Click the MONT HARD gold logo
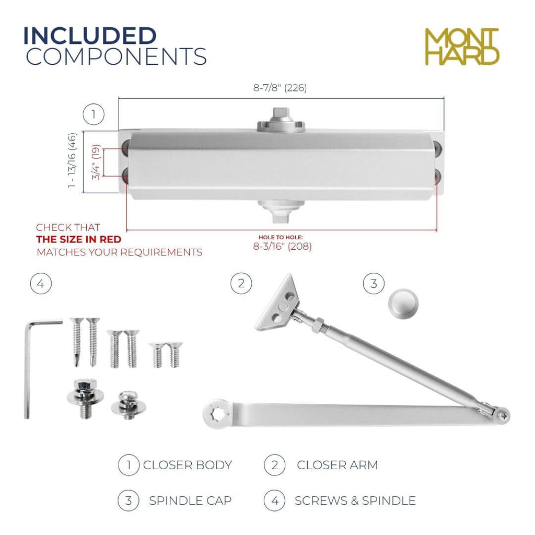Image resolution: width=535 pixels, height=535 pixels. [462, 46]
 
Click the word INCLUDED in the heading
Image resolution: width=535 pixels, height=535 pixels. [90, 36]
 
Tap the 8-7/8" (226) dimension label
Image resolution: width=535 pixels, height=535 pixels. [280, 88]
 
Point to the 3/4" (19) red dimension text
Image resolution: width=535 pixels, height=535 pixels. [96, 162]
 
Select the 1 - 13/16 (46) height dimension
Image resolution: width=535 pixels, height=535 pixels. [72, 160]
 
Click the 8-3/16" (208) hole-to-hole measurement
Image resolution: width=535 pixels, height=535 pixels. [282, 246]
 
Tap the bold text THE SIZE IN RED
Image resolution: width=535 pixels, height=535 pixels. [79, 239]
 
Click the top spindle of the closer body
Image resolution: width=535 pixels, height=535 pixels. [281, 120]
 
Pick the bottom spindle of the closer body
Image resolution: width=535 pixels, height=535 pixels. [281, 211]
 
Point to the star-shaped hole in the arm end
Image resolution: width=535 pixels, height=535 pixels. [218, 414]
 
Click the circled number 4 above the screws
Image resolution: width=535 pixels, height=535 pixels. [41, 284]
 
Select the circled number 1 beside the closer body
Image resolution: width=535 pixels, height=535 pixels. [94, 114]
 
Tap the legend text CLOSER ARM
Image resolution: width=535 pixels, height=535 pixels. [338, 465]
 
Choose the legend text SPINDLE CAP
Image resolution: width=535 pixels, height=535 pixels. [190, 501]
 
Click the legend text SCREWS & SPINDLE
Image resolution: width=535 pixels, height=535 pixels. [355, 501]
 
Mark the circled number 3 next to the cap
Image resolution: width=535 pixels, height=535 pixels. [374, 284]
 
